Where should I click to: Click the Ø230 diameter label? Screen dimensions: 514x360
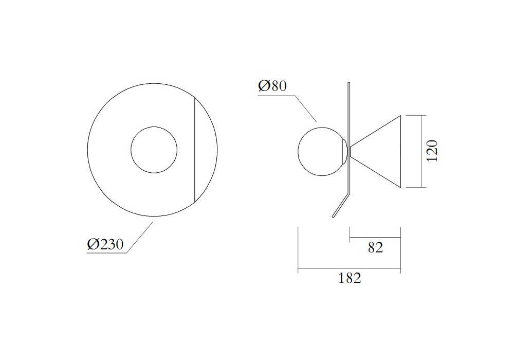[x=105, y=244]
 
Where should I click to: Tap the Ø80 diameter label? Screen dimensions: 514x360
[x=272, y=86]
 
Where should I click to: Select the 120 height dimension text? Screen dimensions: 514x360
[x=432, y=151]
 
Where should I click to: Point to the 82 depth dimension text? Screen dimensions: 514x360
[x=375, y=247]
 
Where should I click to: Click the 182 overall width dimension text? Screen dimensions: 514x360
[x=350, y=278]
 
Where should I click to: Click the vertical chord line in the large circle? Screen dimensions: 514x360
[x=195, y=150]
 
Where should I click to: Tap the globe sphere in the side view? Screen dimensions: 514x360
[x=298, y=152]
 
